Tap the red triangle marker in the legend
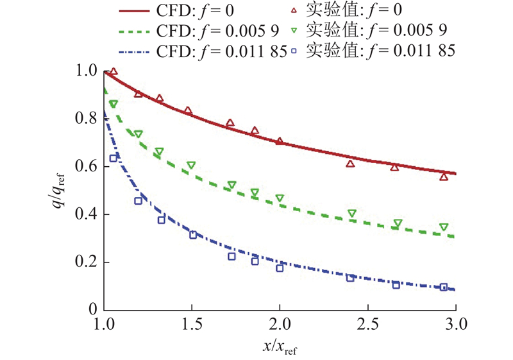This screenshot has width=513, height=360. point(294,10)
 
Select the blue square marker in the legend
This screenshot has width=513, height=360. point(294,49)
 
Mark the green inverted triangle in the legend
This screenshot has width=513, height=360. point(294,30)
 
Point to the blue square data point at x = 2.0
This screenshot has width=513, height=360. point(280,268)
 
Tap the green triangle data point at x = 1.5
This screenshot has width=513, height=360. point(191,166)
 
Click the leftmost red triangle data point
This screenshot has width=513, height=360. point(114,72)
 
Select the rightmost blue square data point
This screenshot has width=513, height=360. point(444,287)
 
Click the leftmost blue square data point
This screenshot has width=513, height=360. point(114,158)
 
